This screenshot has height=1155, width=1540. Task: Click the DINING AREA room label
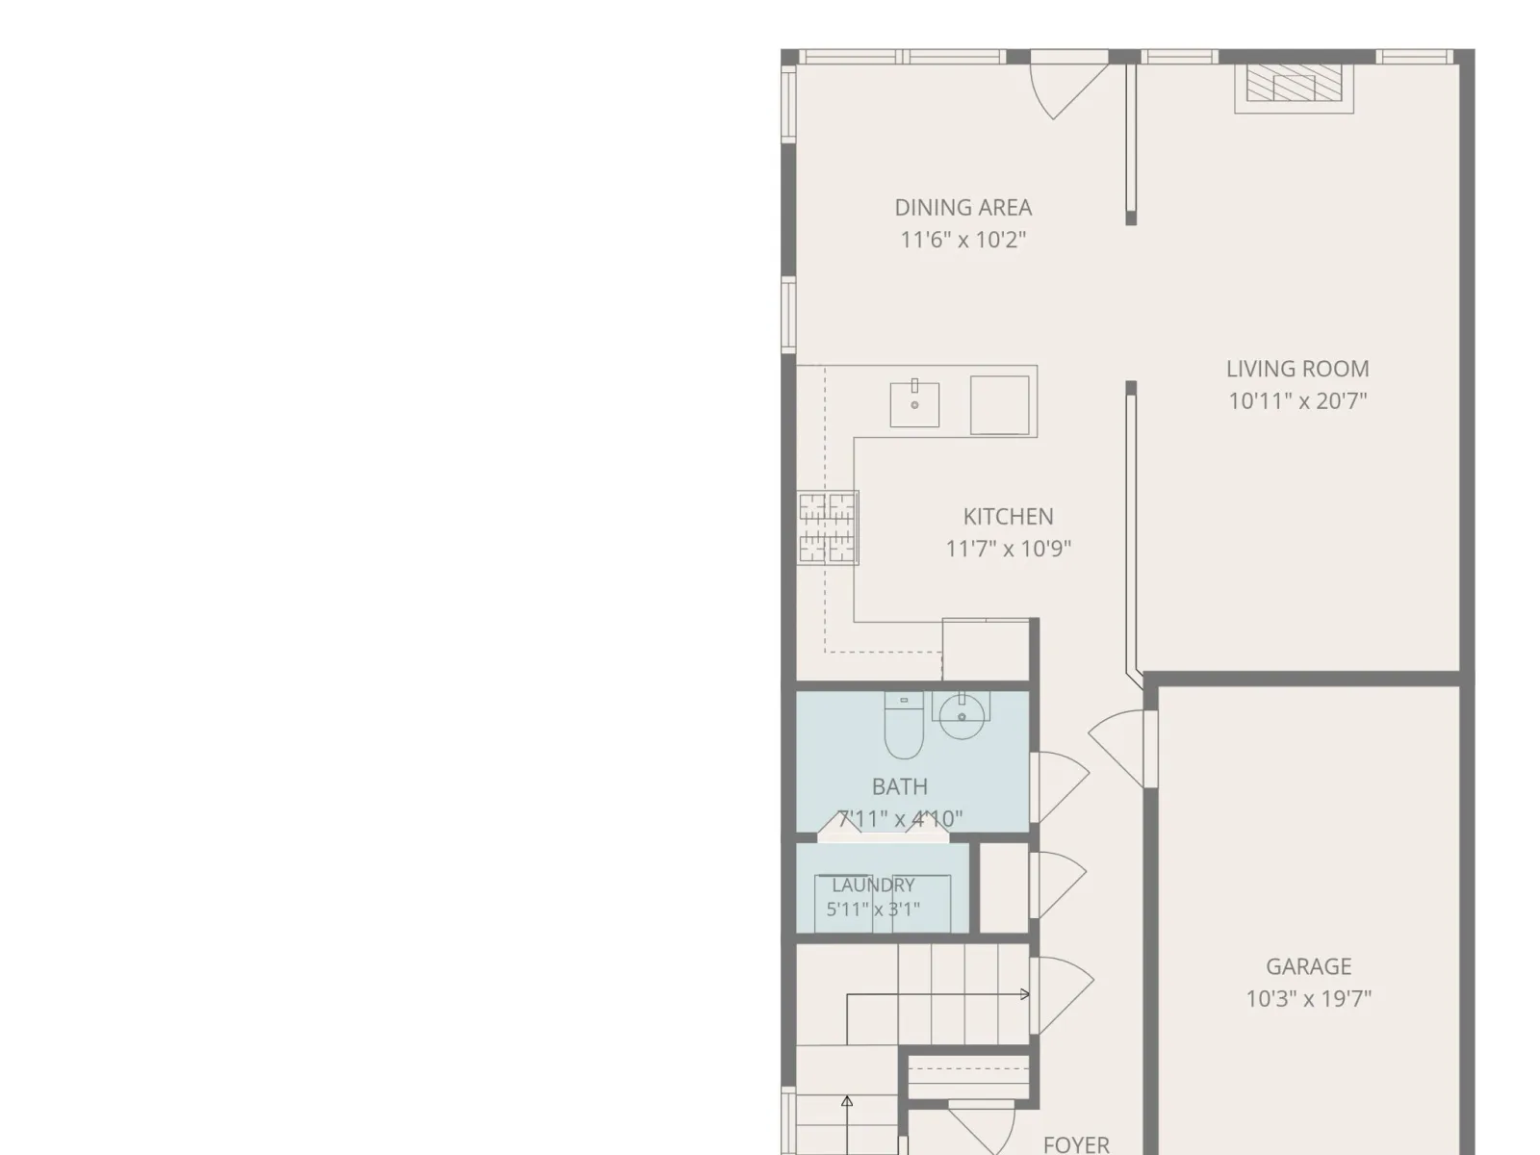click(962, 208)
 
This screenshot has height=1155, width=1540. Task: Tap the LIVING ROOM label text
click(1297, 369)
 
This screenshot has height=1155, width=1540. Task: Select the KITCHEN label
click(1008, 517)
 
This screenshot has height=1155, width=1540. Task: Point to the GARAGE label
click(1308, 966)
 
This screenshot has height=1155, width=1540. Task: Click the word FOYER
click(1076, 1144)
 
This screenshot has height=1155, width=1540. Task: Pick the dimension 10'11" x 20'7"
click(1297, 401)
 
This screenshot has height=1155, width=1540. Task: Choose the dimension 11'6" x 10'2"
click(962, 240)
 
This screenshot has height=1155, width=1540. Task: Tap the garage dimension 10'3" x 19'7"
click(1308, 999)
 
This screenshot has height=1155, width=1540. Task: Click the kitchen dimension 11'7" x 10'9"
click(1008, 549)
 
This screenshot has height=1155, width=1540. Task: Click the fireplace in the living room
click(1294, 88)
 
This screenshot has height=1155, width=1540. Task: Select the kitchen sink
click(914, 404)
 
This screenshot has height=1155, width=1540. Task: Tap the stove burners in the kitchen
click(827, 527)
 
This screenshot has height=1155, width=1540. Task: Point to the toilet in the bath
click(903, 725)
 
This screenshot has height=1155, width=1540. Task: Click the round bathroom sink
click(962, 715)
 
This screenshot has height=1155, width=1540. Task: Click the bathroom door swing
click(1061, 786)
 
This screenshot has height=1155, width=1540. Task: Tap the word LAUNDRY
click(873, 885)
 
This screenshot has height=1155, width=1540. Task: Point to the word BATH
click(899, 786)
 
